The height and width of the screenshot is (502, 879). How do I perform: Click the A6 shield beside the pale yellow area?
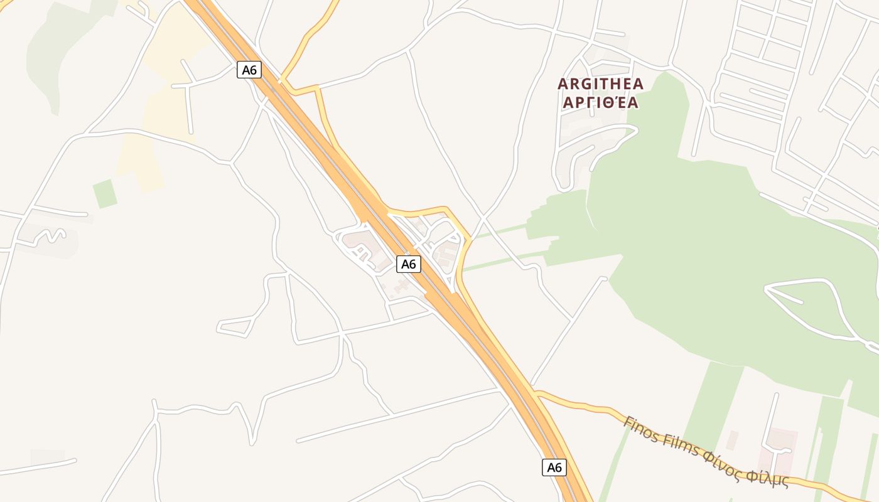[249, 70]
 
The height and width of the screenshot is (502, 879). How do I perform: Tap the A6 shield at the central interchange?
[408, 264]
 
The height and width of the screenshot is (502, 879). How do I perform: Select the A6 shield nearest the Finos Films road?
[554, 467]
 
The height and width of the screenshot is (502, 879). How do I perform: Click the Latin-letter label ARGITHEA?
[601, 83]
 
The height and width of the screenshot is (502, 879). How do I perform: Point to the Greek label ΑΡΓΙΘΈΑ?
[601, 102]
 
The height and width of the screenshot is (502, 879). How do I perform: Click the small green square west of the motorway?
[105, 193]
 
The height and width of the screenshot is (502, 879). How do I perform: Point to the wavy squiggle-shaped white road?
[50, 236]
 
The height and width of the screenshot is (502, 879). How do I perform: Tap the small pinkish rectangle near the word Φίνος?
[732, 440]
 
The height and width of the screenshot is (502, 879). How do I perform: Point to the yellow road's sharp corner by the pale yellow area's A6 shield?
[282, 81]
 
